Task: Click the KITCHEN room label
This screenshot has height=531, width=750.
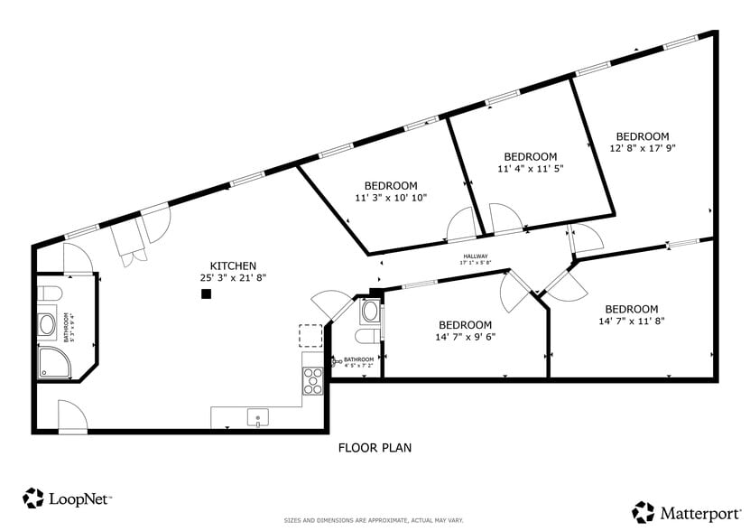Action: point(233,265)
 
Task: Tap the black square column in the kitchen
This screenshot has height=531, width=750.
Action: point(206,293)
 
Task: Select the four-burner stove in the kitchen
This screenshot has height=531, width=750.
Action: point(312,381)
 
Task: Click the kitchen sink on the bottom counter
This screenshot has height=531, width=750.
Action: point(257,418)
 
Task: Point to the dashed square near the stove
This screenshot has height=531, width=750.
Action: point(310,335)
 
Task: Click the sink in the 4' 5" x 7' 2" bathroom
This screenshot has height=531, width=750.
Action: point(368,311)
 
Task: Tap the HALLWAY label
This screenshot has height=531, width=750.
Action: point(475,256)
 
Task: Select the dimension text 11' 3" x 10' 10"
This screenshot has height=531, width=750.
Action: point(390,197)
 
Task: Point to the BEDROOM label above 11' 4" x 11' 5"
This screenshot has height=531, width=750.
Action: point(530,156)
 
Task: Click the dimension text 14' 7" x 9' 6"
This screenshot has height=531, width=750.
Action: point(465,337)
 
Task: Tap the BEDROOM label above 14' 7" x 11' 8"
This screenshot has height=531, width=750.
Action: point(631,309)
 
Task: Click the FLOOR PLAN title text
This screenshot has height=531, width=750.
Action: point(375,447)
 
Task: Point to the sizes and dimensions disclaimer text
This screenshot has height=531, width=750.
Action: point(375,521)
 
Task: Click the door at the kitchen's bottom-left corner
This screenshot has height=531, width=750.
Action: point(72,416)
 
